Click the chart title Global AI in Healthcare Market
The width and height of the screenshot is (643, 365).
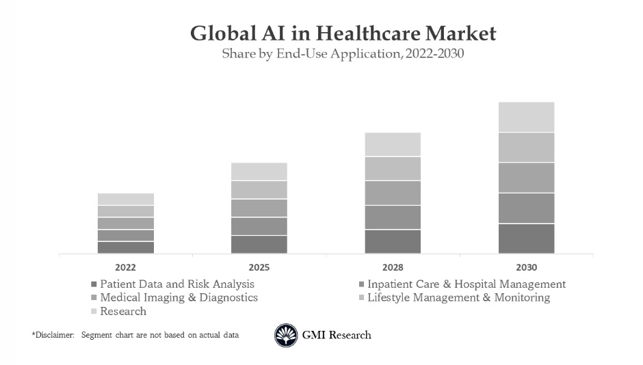click(x=343, y=33)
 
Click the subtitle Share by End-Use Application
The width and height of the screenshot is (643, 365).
click(x=343, y=54)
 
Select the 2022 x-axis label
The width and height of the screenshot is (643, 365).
click(x=125, y=267)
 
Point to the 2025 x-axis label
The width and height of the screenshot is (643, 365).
click(x=259, y=267)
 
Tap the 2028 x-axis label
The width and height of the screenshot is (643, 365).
click(x=393, y=267)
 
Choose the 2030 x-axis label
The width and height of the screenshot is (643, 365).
click(x=526, y=267)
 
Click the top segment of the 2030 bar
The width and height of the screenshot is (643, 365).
click(x=526, y=117)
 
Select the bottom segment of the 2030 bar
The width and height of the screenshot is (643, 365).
click(x=526, y=239)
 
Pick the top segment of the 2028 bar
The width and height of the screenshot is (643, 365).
click(x=393, y=144)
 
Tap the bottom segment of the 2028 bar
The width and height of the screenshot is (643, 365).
click(x=393, y=241)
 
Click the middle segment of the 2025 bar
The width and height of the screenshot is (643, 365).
click(x=259, y=208)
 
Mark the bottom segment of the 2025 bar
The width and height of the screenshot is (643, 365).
click(x=259, y=244)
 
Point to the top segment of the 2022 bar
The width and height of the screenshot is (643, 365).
click(x=125, y=199)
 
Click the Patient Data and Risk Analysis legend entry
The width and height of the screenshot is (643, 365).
click(x=176, y=284)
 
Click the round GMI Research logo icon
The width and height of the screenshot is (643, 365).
click(x=286, y=336)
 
